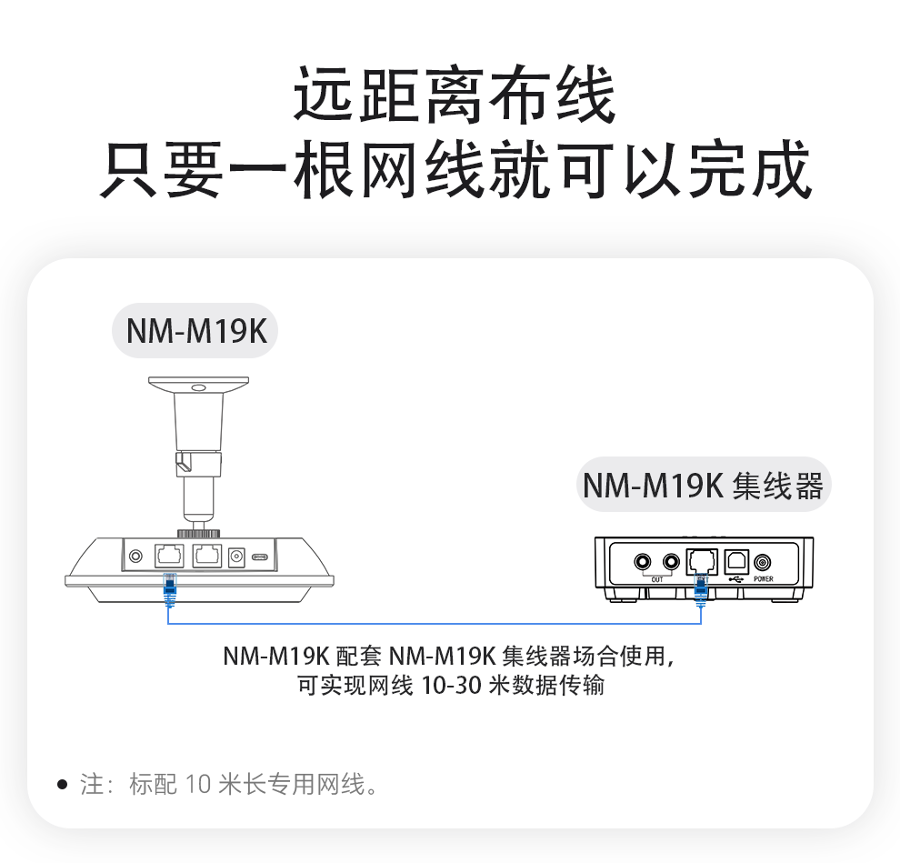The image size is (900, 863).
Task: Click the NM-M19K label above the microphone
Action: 196,331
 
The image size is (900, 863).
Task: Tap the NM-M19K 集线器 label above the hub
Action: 703,486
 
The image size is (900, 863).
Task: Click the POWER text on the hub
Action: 764,578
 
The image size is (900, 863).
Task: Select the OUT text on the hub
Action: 657,579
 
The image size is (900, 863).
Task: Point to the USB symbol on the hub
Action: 735,578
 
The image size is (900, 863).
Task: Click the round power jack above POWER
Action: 762,562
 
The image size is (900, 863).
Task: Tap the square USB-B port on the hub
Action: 736,560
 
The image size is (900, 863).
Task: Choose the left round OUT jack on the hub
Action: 643,561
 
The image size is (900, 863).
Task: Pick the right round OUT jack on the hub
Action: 671,561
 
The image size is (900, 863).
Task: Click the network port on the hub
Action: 702,561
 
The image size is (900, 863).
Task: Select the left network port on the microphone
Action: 169,556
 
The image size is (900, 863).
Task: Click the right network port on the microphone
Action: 206,556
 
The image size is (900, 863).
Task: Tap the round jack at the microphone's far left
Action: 136,556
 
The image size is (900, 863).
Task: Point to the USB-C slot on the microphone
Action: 261,557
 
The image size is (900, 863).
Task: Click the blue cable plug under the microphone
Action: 169,588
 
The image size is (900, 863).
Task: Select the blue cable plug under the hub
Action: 701,588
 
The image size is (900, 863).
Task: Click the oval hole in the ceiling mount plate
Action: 198,387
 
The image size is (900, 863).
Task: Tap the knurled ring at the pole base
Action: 198,534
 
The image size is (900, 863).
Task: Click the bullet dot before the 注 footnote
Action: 63,784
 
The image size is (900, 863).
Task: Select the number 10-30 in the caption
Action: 451,685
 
